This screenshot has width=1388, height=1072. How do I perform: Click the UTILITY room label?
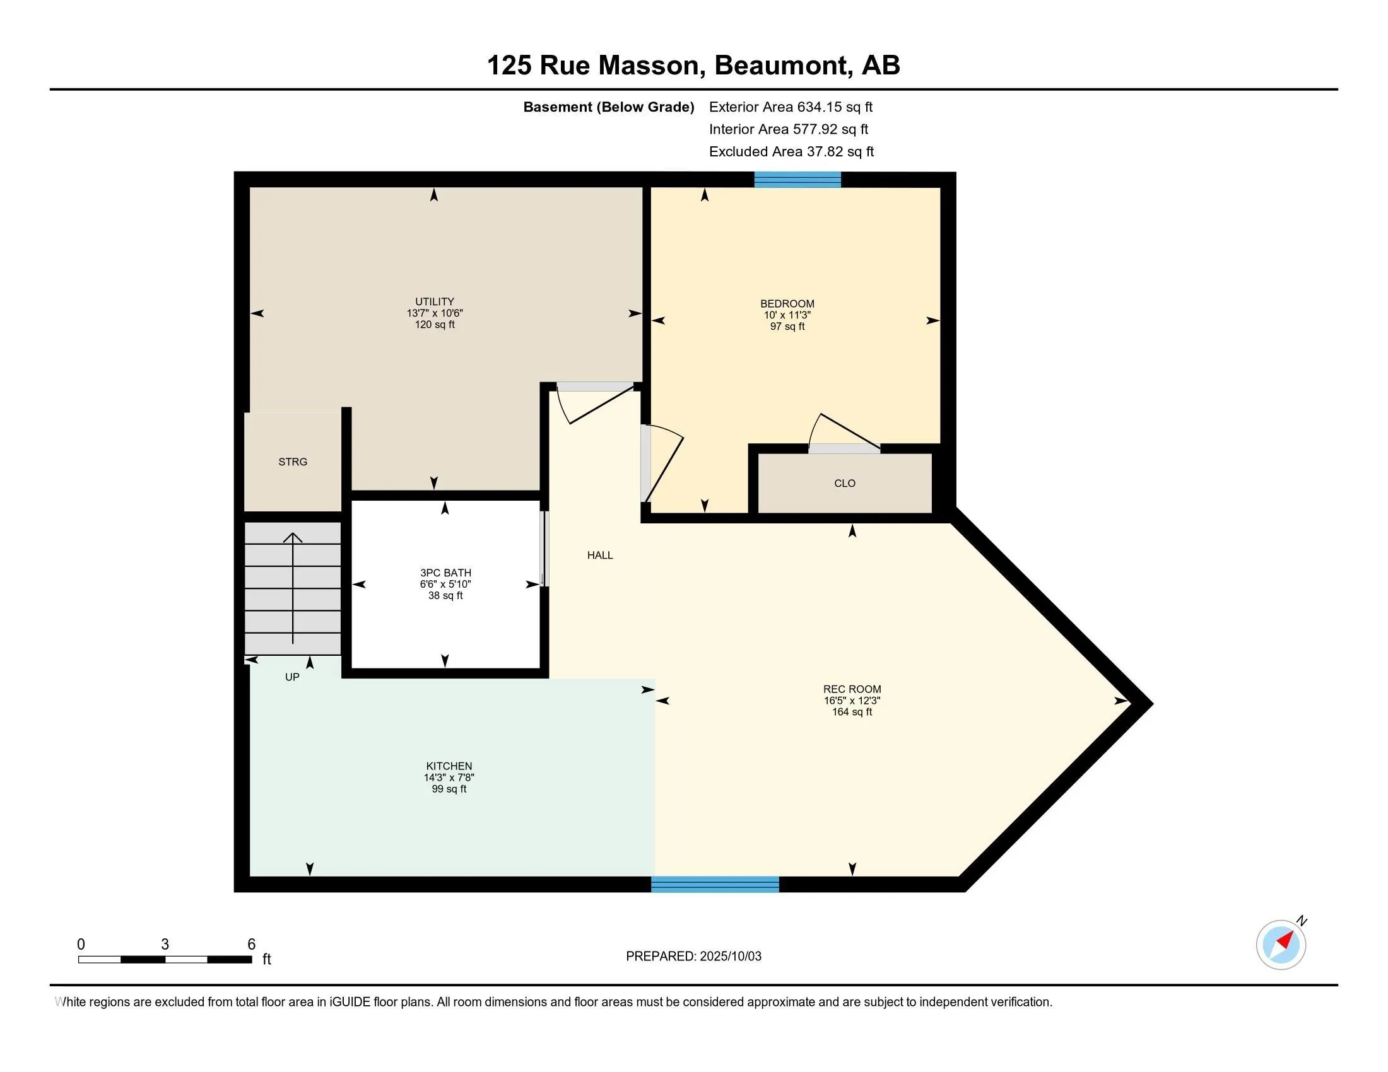[x=435, y=301]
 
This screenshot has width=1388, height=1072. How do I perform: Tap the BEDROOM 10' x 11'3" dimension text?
[x=787, y=315]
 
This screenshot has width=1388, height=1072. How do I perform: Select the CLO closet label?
[x=845, y=483]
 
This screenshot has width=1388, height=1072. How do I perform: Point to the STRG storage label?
[x=293, y=462]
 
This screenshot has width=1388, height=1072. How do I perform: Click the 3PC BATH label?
[x=445, y=573]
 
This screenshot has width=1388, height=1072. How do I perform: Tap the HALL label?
[x=600, y=555]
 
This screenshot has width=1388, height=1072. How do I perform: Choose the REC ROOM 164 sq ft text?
[x=852, y=712]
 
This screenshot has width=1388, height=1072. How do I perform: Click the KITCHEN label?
[x=449, y=766]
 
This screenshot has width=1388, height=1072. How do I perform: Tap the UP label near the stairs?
[x=292, y=677]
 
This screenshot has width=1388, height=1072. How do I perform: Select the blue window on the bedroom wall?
[x=797, y=180]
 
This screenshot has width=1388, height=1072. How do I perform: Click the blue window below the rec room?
[x=715, y=884]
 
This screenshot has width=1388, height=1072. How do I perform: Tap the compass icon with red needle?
[x=1281, y=945]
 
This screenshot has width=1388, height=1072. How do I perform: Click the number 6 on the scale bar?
[x=251, y=944]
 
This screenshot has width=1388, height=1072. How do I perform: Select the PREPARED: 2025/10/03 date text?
[x=693, y=956]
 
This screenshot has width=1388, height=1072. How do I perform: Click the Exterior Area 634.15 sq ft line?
[x=791, y=107]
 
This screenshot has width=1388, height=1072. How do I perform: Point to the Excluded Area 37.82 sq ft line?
[x=791, y=151]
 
